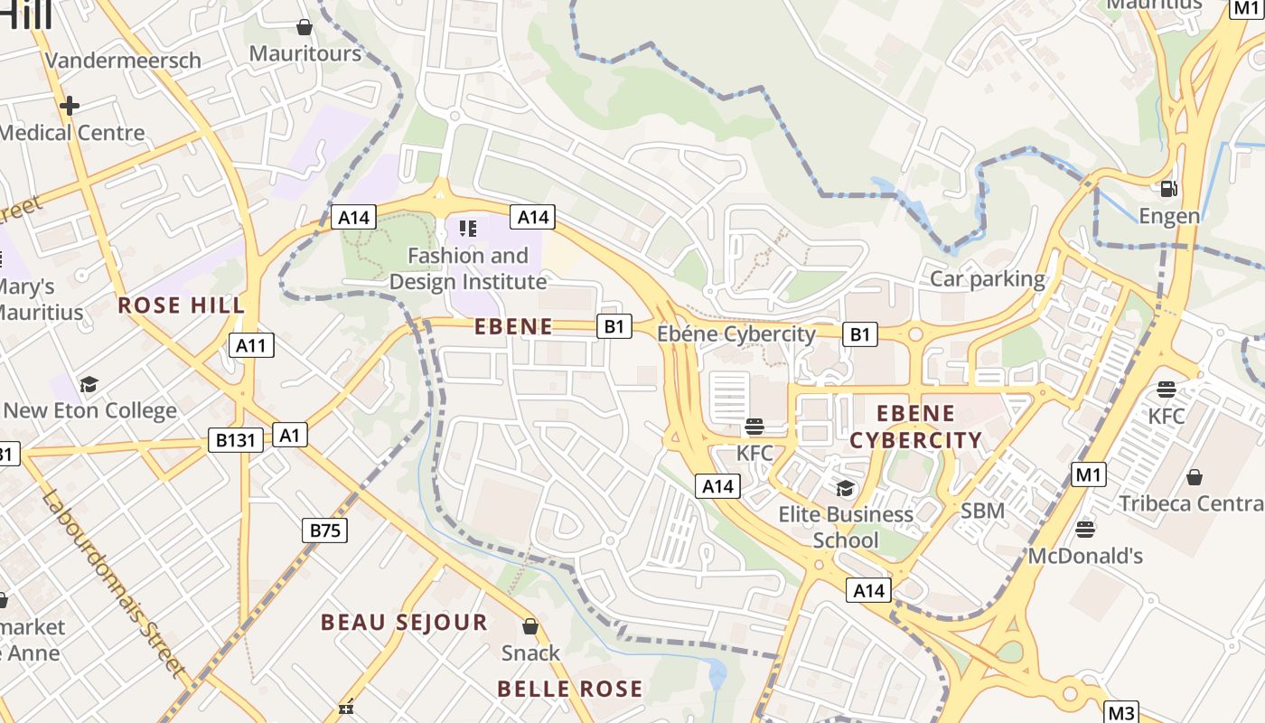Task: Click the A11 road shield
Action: [251, 344]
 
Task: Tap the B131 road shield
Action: [236, 440]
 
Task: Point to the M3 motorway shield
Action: [1120, 712]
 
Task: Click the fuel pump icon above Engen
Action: [1168, 189]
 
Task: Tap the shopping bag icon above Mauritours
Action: [305, 27]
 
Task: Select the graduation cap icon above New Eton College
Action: [89, 384]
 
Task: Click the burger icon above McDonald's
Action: [1085, 529]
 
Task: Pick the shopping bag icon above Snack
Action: [530, 626]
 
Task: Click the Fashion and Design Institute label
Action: [468, 268]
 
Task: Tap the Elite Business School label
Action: [846, 527]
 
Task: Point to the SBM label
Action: [982, 511]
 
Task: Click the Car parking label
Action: [988, 278]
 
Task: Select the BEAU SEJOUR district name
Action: [404, 622]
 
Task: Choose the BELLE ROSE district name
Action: [570, 689]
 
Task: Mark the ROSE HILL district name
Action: [182, 305]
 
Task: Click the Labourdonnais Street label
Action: [114, 584]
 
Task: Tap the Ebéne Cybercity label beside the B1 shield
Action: [736, 334]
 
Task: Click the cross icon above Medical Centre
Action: [70, 106]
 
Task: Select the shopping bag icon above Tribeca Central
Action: [1195, 476]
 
